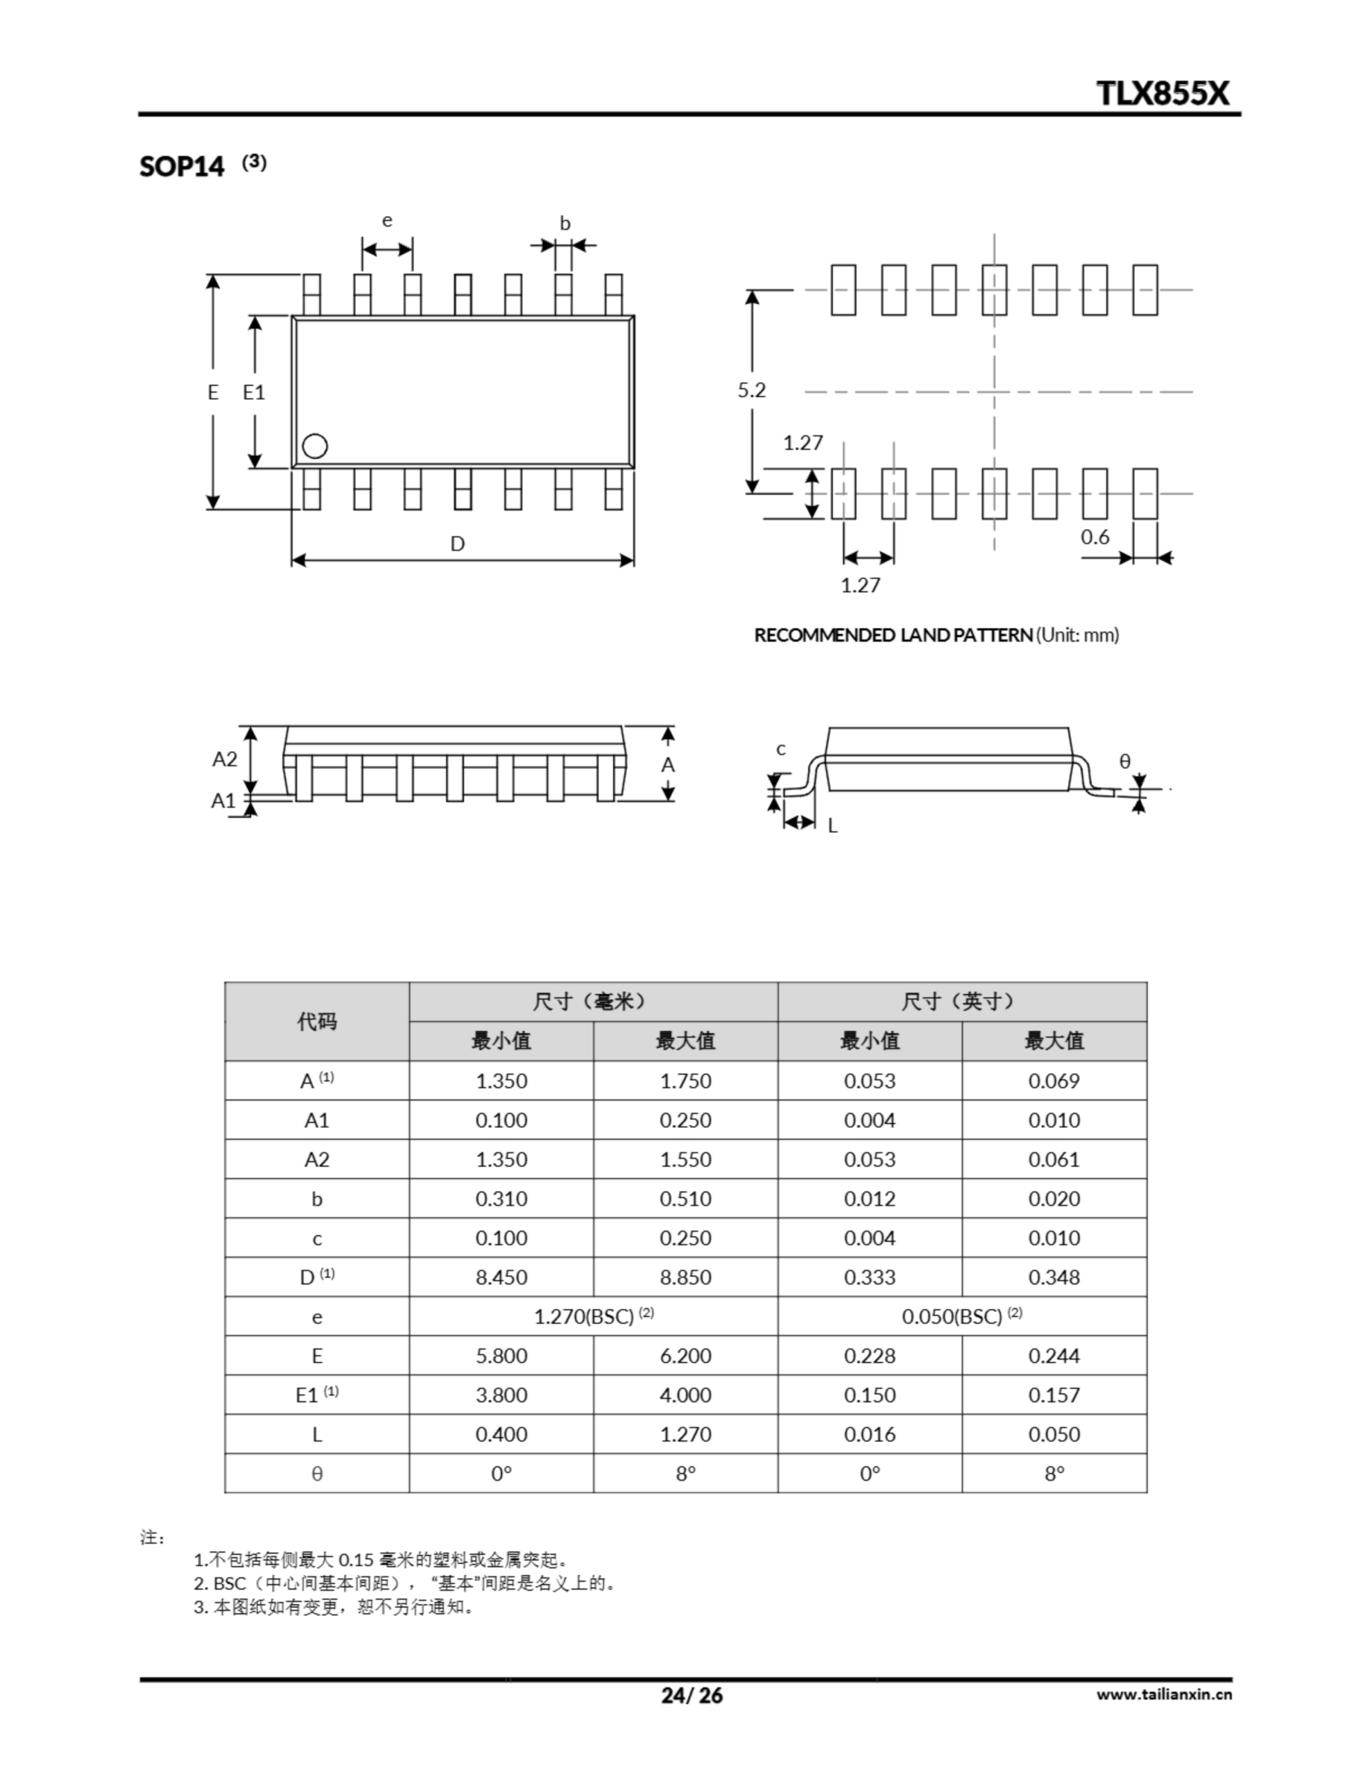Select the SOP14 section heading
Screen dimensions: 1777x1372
coord(181,166)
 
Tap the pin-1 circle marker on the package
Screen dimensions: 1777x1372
coord(315,446)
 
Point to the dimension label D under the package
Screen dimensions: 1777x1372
coord(457,544)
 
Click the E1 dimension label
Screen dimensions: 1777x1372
coord(254,392)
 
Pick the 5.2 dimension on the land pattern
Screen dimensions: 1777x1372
coord(751,391)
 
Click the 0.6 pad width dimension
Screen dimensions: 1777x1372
coord(1095,537)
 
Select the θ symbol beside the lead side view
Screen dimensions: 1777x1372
coord(1125,761)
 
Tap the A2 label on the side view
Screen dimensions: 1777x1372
coord(225,759)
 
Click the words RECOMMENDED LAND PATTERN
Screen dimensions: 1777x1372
coord(893,634)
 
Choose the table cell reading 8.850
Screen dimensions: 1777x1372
coord(685,1277)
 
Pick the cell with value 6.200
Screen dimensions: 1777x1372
coord(685,1356)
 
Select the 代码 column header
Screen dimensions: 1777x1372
coord(316,1021)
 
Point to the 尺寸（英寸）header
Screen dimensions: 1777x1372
coord(961,1002)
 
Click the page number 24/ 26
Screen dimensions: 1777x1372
coord(692,1696)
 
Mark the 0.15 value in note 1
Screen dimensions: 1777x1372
coord(355,1560)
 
